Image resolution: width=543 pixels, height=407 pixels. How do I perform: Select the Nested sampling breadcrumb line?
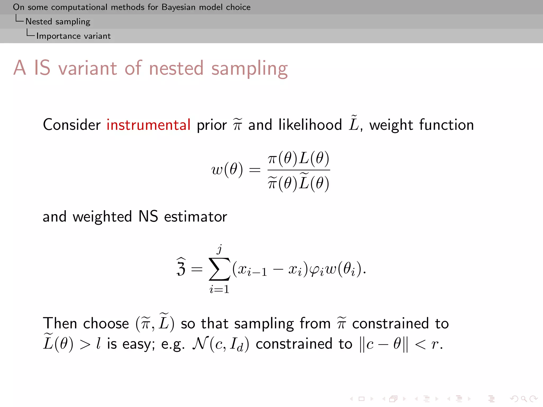(58, 21)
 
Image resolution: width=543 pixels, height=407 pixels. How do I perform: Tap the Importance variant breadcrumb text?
(73, 36)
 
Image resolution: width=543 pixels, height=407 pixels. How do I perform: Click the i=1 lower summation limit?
(219, 289)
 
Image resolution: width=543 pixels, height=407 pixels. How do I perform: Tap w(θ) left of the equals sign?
(227, 169)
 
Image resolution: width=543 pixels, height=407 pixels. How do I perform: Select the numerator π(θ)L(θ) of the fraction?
(299, 158)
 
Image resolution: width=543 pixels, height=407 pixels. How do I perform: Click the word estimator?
(196, 216)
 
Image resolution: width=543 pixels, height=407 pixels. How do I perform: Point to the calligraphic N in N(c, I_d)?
(199, 344)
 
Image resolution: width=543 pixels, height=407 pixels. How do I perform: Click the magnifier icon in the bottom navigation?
(524, 399)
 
